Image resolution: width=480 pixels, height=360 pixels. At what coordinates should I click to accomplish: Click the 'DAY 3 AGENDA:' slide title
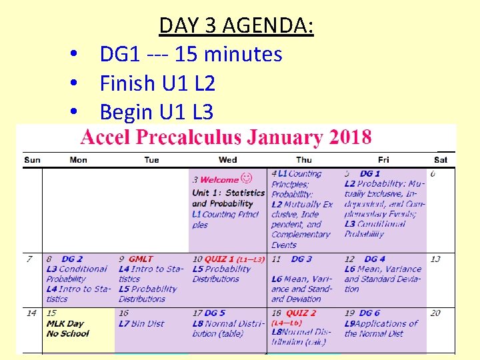(x=236, y=26)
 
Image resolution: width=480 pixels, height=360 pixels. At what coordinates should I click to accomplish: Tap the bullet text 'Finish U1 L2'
(x=157, y=83)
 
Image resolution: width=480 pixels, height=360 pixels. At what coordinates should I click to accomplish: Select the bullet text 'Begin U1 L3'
(x=156, y=112)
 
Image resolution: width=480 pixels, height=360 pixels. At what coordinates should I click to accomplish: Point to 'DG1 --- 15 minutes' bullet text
(x=191, y=54)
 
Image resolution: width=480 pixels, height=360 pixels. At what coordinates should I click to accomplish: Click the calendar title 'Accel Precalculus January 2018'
(x=226, y=137)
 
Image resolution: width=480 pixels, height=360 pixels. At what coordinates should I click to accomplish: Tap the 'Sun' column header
(x=32, y=160)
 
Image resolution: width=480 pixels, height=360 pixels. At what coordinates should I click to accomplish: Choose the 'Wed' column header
(x=227, y=160)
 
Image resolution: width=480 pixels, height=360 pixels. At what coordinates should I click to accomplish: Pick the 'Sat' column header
(x=440, y=160)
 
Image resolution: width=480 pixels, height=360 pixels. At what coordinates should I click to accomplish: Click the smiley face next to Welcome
(x=247, y=178)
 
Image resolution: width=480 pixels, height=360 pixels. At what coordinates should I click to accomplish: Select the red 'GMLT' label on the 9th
(x=141, y=259)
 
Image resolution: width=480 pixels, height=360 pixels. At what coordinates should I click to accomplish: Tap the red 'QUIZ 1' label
(x=219, y=259)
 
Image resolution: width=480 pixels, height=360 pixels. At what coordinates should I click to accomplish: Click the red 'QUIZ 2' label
(x=301, y=313)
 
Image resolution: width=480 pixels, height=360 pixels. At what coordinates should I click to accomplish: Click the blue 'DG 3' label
(x=301, y=259)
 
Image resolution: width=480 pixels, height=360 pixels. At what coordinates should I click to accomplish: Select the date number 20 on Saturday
(x=435, y=313)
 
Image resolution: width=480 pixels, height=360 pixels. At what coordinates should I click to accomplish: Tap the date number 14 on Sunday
(x=31, y=313)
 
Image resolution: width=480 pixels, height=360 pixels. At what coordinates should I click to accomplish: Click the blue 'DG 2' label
(x=72, y=259)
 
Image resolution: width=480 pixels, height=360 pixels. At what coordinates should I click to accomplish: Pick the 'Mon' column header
(x=78, y=160)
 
